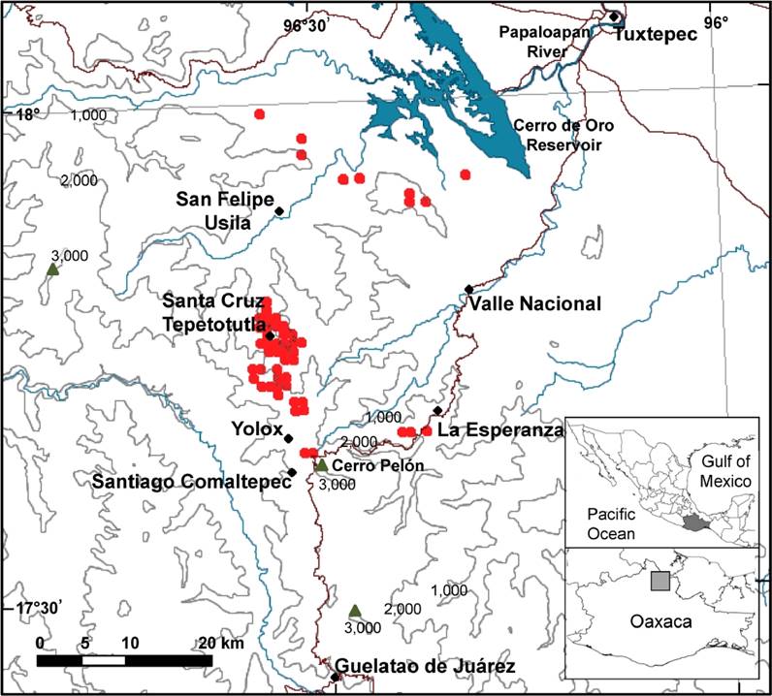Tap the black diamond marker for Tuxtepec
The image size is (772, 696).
613,16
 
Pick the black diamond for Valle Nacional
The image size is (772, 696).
468,289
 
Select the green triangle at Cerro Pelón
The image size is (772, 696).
322,465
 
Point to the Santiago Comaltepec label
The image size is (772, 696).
189,480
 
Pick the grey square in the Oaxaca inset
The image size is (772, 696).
659,581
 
